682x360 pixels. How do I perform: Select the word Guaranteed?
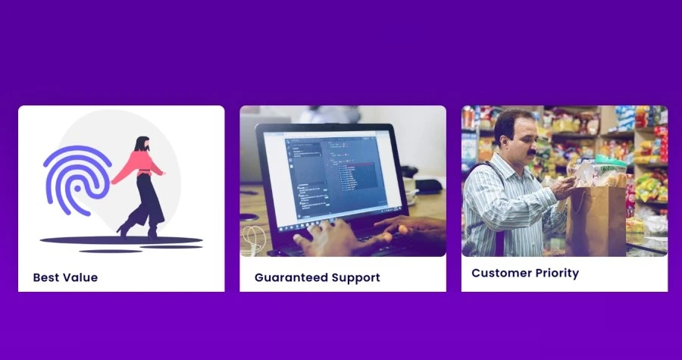point(291,277)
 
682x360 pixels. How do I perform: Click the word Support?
point(355,277)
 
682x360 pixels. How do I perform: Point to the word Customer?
point(502,273)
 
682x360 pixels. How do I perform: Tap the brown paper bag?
point(596,220)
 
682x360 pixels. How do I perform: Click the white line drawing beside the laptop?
point(252,239)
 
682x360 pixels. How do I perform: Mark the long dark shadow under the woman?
point(121,240)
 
